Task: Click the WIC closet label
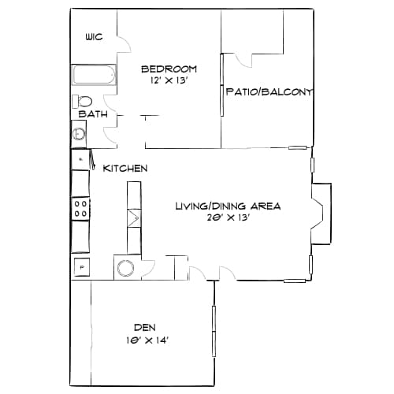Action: pyautogui.click(x=94, y=37)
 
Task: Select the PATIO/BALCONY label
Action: pyautogui.click(x=269, y=92)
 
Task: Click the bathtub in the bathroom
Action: pyautogui.click(x=94, y=76)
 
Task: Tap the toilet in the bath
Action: pyautogui.click(x=82, y=101)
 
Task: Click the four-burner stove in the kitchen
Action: pyautogui.click(x=80, y=208)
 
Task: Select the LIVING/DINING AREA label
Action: pyautogui.click(x=227, y=206)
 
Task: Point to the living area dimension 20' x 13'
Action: pyautogui.click(x=227, y=218)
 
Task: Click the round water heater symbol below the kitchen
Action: pyautogui.click(x=126, y=268)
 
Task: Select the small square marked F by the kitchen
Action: pyautogui.click(x=80, y=266)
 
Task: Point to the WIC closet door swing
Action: pyautogui.click(x=121, y=44)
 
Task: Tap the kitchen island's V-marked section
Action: pyautogui.click(x=132, y=215)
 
